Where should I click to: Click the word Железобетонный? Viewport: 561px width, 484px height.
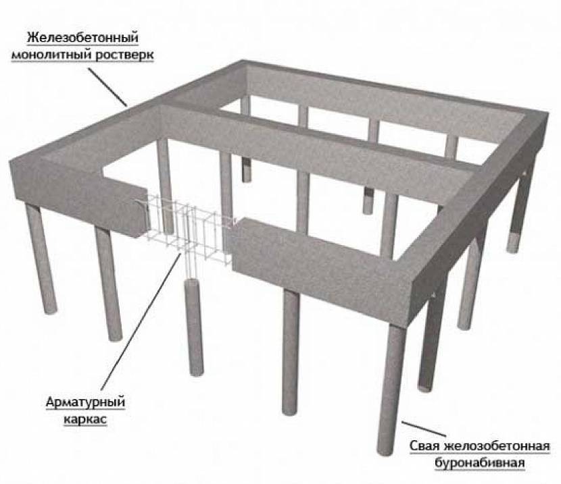click(82, 38)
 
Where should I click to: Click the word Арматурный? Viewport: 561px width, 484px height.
click(86, 402)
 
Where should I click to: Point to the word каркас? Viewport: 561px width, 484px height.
click(86, 419)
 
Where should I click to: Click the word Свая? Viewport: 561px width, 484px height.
click(425, 446)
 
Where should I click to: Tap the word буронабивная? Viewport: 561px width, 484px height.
click(480, 463)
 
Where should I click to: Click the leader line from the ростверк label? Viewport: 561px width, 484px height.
click(107, 87)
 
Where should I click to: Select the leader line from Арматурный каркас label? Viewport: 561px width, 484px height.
click(141, 321)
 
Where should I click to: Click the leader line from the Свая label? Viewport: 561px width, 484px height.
click(424, 429)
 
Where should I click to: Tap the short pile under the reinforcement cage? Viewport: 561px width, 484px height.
click(195, 327)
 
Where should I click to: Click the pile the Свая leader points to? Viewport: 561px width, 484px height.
click(392, 389)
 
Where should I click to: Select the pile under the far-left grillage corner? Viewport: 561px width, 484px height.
click(41, 259)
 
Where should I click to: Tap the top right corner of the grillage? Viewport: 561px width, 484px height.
click(547, 113)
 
